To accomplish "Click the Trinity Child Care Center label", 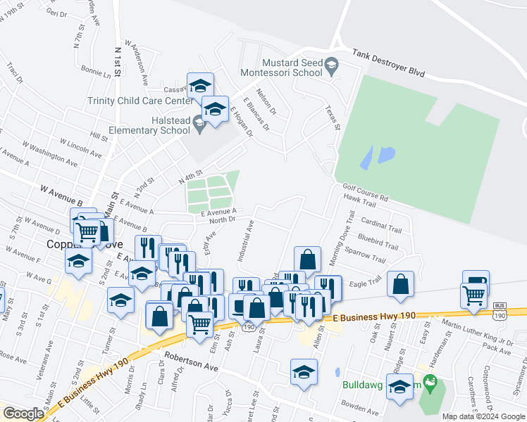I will [139, 101].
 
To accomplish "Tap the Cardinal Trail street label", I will [385, 229].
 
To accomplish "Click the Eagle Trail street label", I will [365, 281].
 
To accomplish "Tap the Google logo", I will [23, 414].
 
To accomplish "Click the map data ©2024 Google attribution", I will [484, 416].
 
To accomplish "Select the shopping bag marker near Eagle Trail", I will [401, 285].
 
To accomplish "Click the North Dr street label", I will [221, 219].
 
